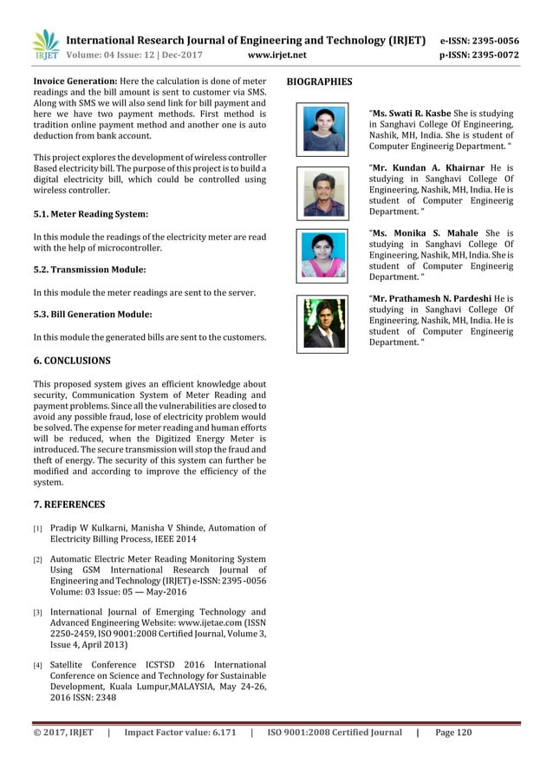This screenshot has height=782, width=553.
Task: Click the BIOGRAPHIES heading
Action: (x=319, y=82)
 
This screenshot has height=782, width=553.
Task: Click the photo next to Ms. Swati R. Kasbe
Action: (x=322, y=128)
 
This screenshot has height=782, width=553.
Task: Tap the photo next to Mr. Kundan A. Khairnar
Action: (x=322, y=192)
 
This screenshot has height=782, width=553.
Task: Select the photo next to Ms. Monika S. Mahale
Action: (x=322, y=256)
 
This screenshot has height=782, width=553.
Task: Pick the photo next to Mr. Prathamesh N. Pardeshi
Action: (x=322, y=323)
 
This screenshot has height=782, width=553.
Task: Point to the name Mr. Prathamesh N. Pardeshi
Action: (x=435, y=299)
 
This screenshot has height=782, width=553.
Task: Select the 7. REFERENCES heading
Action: (x=68, y=504)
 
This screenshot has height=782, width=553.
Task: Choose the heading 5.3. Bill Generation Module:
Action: (x=92, y=314)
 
